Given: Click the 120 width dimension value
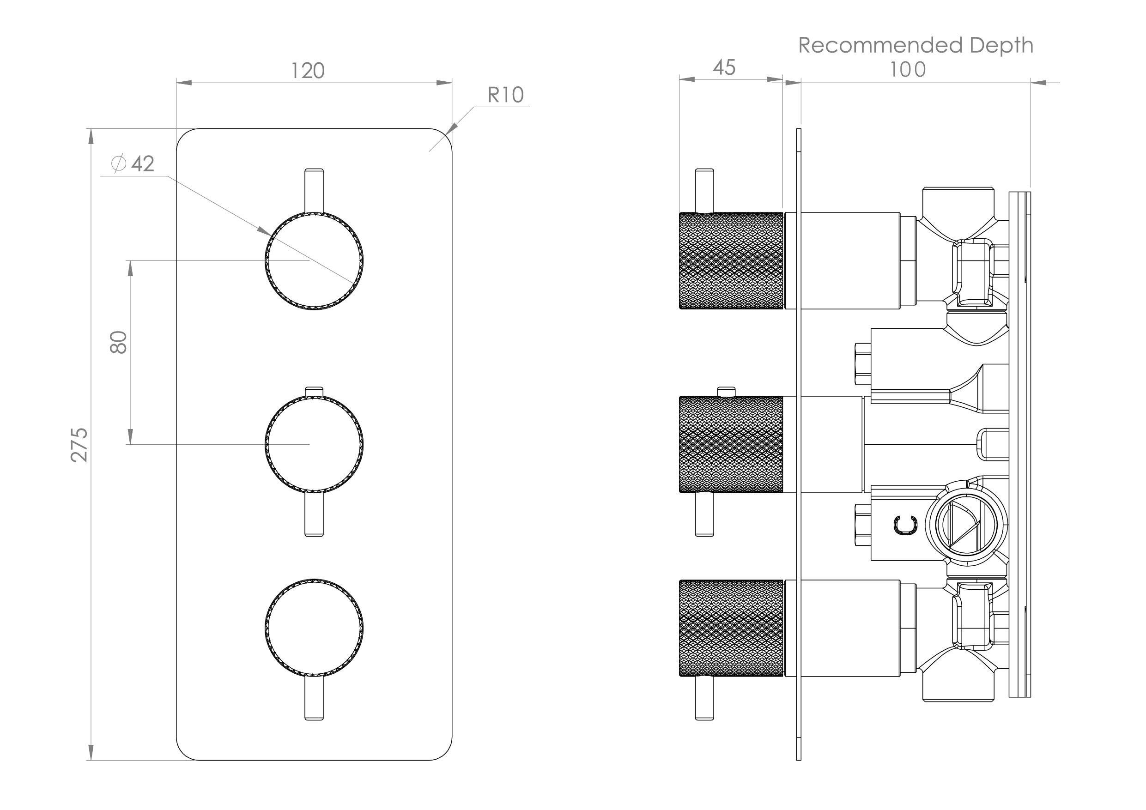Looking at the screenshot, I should click(308, 71).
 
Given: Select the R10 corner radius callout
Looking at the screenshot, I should click(505, 95).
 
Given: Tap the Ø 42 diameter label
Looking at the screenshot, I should click(133, 163).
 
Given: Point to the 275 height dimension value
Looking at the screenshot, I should click(79, 445).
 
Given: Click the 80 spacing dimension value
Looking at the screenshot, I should click(119, 342).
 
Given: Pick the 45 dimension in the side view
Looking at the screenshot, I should click(724, 68).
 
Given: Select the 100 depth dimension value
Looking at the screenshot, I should click(907, 69).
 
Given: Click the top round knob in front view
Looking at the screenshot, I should click(314, 261).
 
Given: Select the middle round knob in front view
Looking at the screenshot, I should click(314, 444).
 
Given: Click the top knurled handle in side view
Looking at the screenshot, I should click(731, 260).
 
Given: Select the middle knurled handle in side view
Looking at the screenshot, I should click(731, 444).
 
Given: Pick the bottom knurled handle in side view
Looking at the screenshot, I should click(731, 628).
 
